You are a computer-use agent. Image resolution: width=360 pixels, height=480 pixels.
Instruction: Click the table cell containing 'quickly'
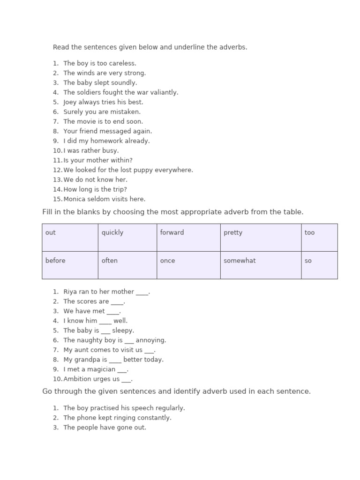[127, 237]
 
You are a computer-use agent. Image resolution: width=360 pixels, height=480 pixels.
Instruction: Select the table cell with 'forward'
[188, 237]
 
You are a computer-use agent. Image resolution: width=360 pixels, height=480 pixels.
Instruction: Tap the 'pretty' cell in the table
[261, 237]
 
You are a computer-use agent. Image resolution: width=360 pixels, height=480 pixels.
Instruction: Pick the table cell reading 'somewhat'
[261, 265]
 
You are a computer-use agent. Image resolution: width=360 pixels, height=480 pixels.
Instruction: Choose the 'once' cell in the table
[188, 265]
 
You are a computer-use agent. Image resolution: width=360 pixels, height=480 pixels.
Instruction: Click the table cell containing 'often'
[127, 265]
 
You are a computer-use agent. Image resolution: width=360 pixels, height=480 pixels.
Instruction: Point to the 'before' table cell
[70, 265]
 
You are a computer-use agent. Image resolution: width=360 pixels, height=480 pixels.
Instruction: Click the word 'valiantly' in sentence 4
[164, 92]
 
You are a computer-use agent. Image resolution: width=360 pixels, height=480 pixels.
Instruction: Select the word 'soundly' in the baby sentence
[124, 83]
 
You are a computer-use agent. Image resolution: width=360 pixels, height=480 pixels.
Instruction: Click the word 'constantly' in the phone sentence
[155, 418]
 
